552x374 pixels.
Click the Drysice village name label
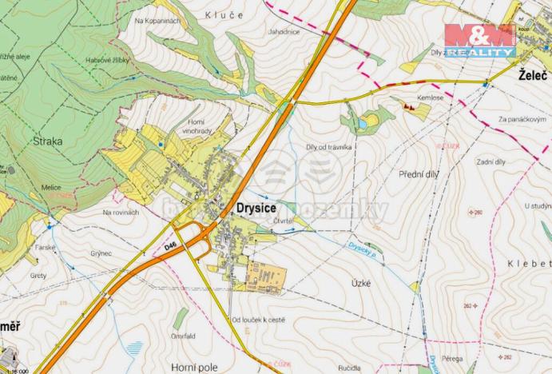click(256, 206)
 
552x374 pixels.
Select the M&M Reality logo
click(479, 39)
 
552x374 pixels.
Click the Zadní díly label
click(490, 162)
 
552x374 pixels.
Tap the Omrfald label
click(182, 336)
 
